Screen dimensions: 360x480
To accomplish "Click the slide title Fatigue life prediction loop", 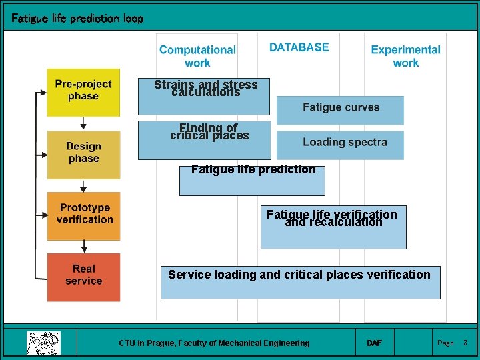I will pyautogui.click(x=77, y=19).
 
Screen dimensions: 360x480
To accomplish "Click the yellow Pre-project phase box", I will pyautogui.click(x=83, y=91).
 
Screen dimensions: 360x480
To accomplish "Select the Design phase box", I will pyautogui.click(x=83, y=153).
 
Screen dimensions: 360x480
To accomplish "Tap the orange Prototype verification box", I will pyautogui.click(x=84, y=215).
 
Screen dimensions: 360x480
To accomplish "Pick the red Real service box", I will pyautogui.click(x=84, y=276).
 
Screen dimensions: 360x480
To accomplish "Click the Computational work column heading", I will pyautogui.click(x=197, y=56).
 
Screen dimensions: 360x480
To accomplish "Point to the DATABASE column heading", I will pyautogui.click(x=299, y=47).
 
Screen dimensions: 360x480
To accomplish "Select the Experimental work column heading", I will pyautogui.click(x=405, y=56).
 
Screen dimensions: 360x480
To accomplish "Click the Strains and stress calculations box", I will pyautogui.click(x=205, y=96).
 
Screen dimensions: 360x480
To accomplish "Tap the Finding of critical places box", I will pyautogui.click(x=205, y=140).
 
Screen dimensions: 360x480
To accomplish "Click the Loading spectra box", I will pyautogui.click(x=340, y=144).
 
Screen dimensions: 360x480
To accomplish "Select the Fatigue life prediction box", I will pyautogui.click(x=253, y=180).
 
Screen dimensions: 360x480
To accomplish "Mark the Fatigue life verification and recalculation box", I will pyautogui.click(x=333, y=227).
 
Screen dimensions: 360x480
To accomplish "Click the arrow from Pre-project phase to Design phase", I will pyautogui.click(x=83, y=123).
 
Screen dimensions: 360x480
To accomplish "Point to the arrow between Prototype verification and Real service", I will pyautogui.click(x=83, y=246).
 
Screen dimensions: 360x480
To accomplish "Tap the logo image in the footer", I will pyautogui.click(x=43, y=343).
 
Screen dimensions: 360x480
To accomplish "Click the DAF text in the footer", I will pyautogui.click(x=375, y=343).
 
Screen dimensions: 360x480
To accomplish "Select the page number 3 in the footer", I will pyautogui.click(x=465, y=343).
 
